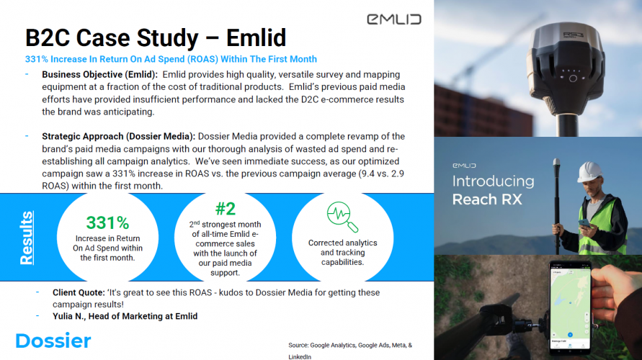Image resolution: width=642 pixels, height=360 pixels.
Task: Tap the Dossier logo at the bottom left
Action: point(53,341)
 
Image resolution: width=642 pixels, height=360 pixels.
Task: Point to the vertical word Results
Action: point(26,237)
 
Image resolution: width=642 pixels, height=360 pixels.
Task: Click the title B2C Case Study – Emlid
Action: point(156,37)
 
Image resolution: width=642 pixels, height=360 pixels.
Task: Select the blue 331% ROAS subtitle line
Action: point(171,59)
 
